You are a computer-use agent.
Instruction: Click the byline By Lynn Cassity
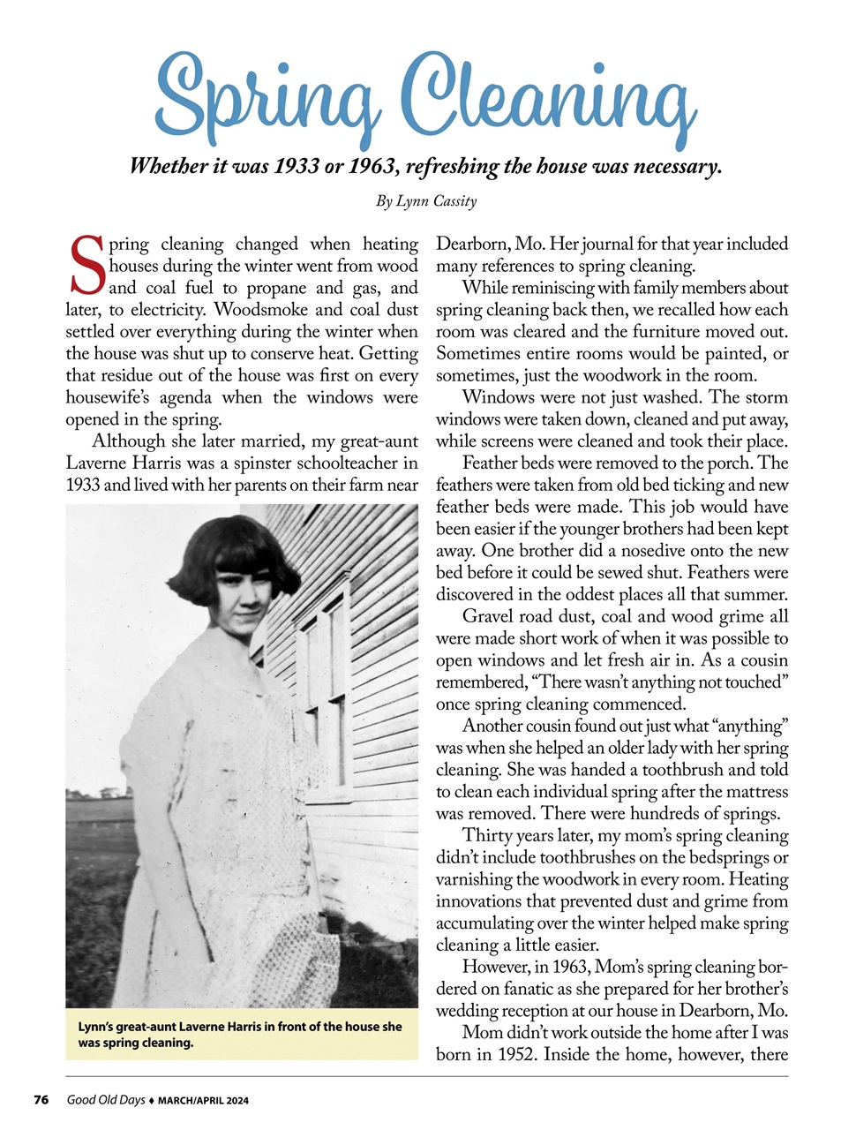pos(426,201)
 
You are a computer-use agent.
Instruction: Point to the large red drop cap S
pos(86,266)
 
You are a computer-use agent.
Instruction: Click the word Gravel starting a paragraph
pos(487,617)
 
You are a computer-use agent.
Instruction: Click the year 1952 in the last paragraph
pos(514,1055)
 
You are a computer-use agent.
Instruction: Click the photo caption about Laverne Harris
pos(240,1035)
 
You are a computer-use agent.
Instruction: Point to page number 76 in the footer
pos(41,1100)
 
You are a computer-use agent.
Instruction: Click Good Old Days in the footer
pos(106,1100)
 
